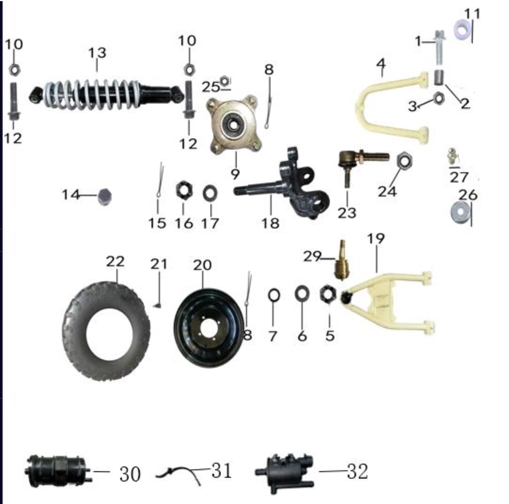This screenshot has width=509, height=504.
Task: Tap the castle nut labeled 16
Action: pyautogui.click(x=184, y=190)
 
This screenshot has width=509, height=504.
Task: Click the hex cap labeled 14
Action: pyautogui.click(x=105, y=196)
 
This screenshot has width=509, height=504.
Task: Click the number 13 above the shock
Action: pyautogui.click(x=97, y=53)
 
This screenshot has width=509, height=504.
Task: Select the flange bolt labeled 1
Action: pyautogui.click(x=439, y=47)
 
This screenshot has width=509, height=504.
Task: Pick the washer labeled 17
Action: pyautogui.click(x=210, y=193)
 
